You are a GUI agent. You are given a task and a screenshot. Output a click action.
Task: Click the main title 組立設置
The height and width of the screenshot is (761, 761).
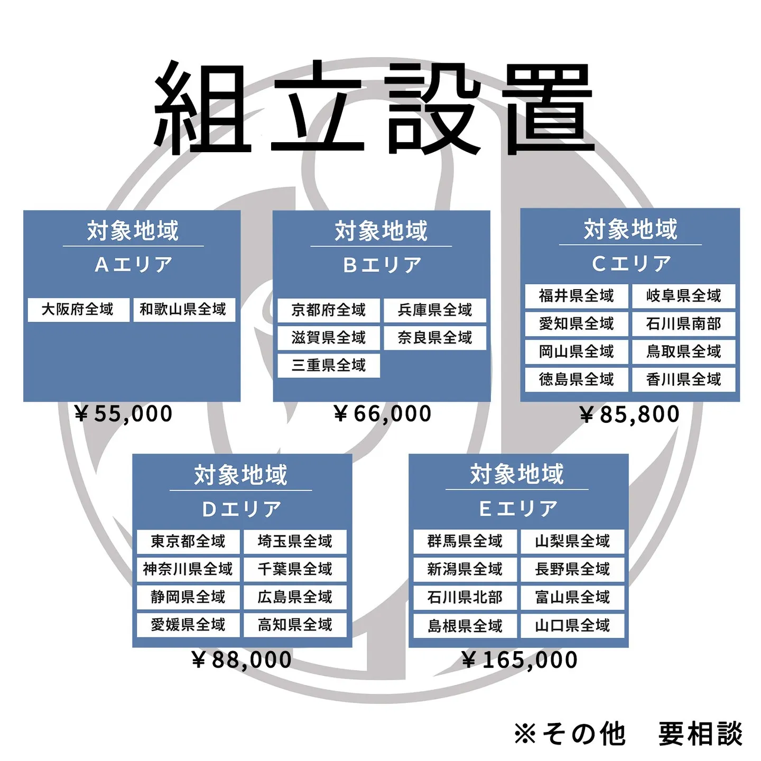click(x=374, y=108)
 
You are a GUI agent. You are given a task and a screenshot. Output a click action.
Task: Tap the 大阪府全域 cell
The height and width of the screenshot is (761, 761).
click(x=78, y=309)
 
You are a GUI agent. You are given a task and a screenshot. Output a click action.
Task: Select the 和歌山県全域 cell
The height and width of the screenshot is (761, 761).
click(x=183, y=309)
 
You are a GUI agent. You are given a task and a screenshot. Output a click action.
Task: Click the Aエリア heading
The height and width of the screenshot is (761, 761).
click(x=134, y=264)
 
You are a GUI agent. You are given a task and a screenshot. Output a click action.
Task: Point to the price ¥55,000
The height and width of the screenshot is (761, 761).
click(x=124, y=414)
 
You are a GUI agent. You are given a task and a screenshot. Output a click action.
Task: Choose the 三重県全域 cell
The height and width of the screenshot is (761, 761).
click(x=328, y=365)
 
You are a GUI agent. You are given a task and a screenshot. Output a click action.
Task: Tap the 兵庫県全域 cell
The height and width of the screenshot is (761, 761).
click(x=434, y=310)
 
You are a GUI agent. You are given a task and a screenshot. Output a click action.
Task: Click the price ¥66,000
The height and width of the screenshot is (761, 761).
click(x=383, y=414)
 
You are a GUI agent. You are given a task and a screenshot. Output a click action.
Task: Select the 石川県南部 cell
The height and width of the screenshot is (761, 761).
click(x=683, y=323)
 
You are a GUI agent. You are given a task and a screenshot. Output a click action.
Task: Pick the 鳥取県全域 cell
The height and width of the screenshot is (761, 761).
click(x=683, y=351)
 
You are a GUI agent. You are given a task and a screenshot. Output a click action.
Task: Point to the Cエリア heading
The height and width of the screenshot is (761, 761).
click(x=631, y=263)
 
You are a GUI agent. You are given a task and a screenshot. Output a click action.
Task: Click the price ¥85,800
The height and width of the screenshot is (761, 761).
click(x=629, y=414)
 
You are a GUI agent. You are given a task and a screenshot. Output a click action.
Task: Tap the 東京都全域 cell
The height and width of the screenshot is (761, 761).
click(x=188, y=541)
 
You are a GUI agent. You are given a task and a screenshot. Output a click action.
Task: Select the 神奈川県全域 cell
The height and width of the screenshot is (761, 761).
click(x=188, y=569)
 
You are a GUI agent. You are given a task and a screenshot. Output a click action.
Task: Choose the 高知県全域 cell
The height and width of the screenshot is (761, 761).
click(x=295, y=625)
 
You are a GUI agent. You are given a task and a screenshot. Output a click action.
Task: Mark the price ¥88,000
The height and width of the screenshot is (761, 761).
click(x=242, y=660)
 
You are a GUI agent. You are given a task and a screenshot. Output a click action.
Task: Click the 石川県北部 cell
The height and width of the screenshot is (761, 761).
click(x=465, y=597)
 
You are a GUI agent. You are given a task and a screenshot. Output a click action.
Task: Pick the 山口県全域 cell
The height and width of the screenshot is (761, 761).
click(x=572, y=626)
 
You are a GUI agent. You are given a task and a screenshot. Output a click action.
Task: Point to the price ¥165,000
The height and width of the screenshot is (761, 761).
click(x=519, y=660)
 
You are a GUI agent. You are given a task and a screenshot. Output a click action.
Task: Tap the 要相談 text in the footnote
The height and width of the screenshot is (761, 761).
click(x=700, y=734)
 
